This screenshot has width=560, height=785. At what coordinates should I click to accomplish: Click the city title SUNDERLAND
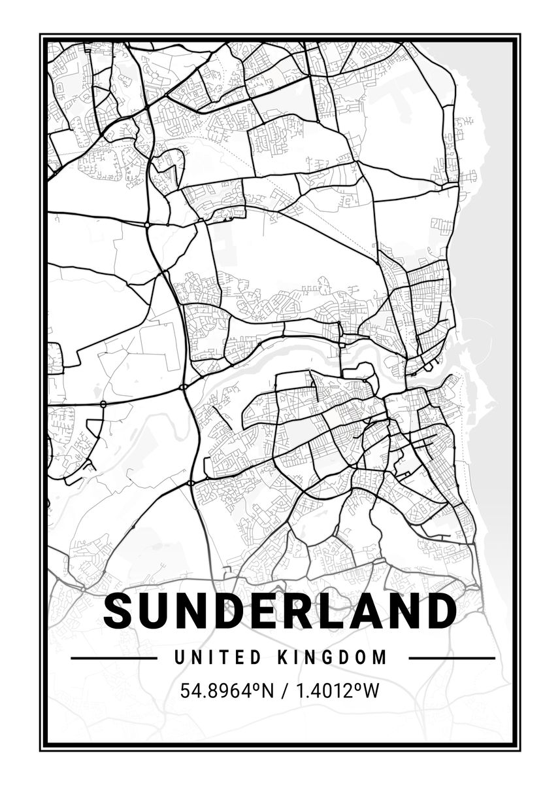(x=280, y=611)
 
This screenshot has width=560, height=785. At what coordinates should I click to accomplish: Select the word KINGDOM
(x=333, y=657)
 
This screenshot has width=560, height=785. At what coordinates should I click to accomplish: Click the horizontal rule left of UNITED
(x=113, y=658)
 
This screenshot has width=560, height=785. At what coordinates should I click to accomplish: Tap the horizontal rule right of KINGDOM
(x=451, y=658)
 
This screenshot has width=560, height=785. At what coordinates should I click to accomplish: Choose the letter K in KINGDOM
(x=283, y=657)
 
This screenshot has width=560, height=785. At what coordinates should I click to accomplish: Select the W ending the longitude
(x=370, y=691)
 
